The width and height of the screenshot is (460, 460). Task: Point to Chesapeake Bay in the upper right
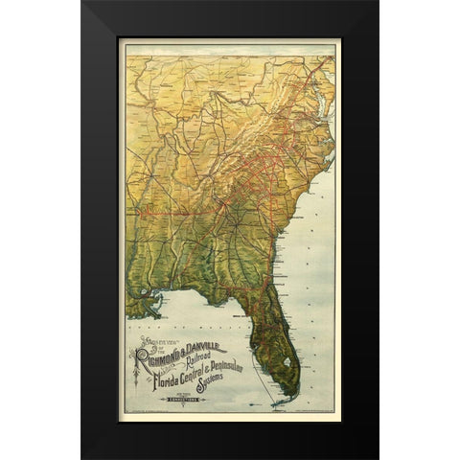pyautogui.click(x=327, y=91)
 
